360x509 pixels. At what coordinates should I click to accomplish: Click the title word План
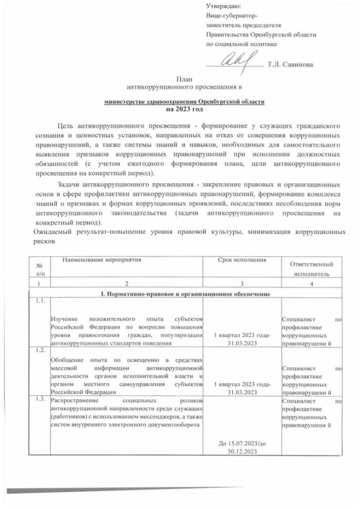click(185, 80)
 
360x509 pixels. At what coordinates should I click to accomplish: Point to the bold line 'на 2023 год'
click(184, 109)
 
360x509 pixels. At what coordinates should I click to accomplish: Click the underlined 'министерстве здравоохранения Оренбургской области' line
click(184, 102)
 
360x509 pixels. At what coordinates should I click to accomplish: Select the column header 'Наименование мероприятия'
click(101, 260)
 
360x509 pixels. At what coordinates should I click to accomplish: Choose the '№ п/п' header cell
click(39, 269)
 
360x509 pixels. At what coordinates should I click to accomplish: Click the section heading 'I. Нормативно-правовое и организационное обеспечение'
click(184, 294)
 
